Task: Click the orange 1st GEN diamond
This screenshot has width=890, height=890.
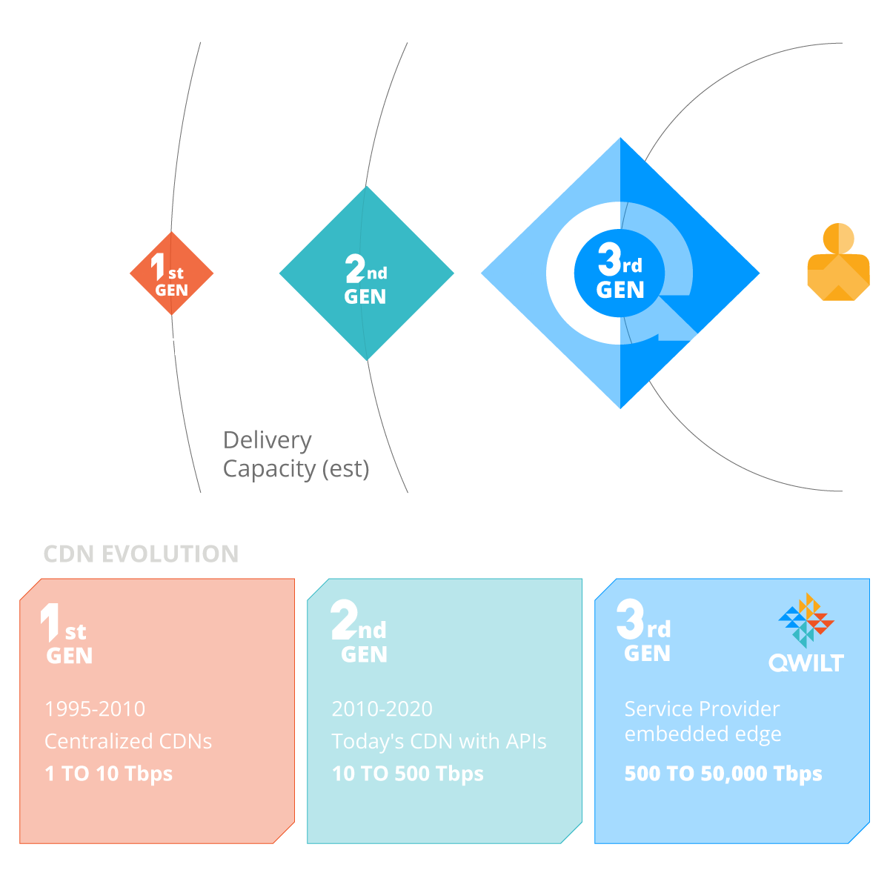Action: [x=171, y=273]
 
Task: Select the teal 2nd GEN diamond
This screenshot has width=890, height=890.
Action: [x=366, y=273]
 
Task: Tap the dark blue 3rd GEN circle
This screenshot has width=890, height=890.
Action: [x=620, y=273]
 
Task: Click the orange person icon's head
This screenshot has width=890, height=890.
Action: [x=838, y=239]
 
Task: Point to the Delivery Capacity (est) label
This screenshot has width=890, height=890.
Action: [x=296, y=454]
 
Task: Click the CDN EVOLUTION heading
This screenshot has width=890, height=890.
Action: [x=141, y=554]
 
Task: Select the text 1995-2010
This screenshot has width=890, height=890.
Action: [x=95, y=709]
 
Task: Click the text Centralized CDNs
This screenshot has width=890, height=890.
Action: [x=128, y=741]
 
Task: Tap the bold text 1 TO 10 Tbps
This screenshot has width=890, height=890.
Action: [x=108, y=774]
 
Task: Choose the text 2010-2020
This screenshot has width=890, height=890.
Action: [x=382, y=709]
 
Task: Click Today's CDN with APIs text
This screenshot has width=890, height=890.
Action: [x=439, y=741]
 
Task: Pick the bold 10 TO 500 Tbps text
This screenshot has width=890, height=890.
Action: [x=408, y=774]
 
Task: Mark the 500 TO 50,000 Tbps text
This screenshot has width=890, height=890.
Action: [x=723, y=774]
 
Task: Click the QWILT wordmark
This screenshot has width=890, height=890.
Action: [x=806, y=663]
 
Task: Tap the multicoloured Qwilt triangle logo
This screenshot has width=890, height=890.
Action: [x=806, y=620]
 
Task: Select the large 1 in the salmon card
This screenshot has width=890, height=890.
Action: [x=50, y=622]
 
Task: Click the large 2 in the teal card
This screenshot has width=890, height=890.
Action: [x=344, y=620]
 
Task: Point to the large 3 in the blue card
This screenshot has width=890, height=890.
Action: [x=630, y=619]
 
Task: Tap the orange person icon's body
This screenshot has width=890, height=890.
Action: [x=839, y=277]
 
